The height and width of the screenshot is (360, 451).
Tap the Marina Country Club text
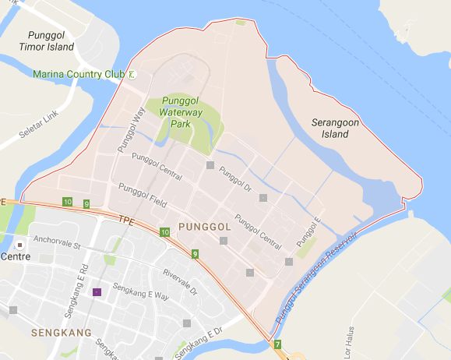pos(79,75)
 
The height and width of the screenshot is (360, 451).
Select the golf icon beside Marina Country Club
pos(132,75)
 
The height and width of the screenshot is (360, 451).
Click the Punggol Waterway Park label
pos(181,113)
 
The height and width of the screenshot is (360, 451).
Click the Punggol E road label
pos(311,228)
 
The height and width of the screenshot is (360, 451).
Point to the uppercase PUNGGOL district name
pos(204,226)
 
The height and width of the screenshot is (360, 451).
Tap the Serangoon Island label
pos(340,129)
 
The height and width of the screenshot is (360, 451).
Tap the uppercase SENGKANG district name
pos(62,333)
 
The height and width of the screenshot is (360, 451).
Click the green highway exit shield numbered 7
pos(277,344)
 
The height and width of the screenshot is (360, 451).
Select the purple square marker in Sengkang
pos(97,292)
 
